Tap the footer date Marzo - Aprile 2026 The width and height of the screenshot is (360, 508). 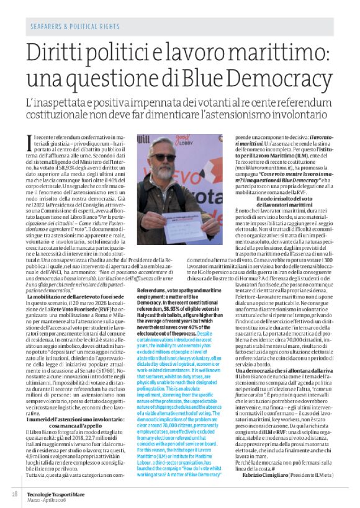53,496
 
